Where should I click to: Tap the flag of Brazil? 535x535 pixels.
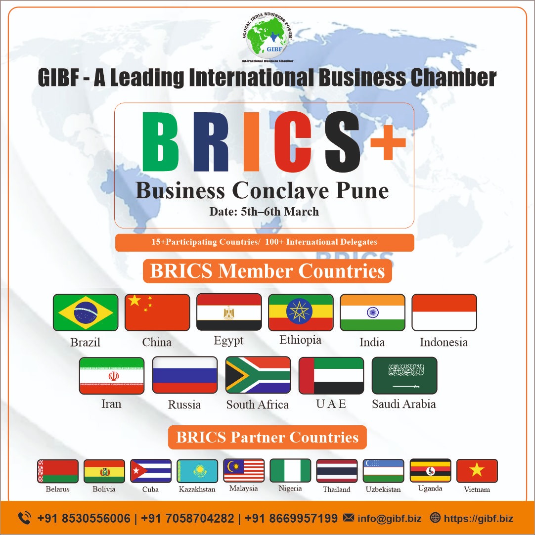86,312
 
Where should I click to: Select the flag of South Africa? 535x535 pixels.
258,375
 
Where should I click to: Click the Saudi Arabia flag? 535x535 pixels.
404,375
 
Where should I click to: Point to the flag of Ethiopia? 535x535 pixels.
301,312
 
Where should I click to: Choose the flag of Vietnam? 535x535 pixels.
477,471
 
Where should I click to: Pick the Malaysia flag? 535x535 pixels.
244,471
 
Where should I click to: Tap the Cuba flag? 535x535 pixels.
151,471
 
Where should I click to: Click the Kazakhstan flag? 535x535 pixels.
197,471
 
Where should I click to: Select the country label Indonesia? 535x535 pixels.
444,342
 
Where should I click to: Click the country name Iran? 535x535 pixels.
111,403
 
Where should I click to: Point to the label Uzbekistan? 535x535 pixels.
383,490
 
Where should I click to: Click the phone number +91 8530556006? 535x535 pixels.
84,519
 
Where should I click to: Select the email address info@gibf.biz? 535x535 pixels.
390,519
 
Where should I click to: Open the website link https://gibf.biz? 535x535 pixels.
478,519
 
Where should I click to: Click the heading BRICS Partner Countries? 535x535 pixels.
267,438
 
